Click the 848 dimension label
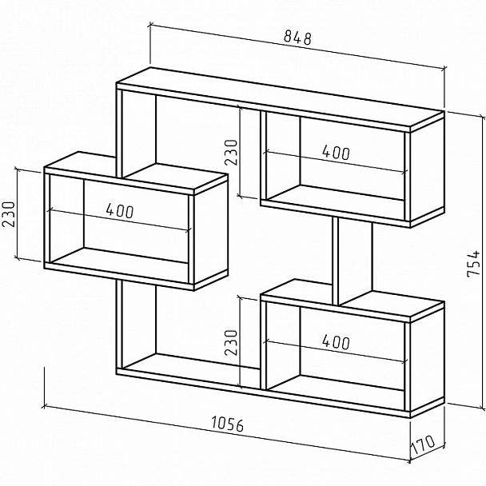297,38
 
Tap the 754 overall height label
473,264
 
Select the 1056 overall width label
228,424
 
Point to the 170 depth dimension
423,444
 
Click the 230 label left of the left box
9,214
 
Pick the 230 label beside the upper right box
231,152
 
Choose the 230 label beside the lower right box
231,342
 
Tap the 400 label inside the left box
120,210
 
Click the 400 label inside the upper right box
337,153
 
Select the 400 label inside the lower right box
337,342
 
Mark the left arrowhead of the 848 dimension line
151,26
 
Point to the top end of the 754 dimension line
483,118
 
